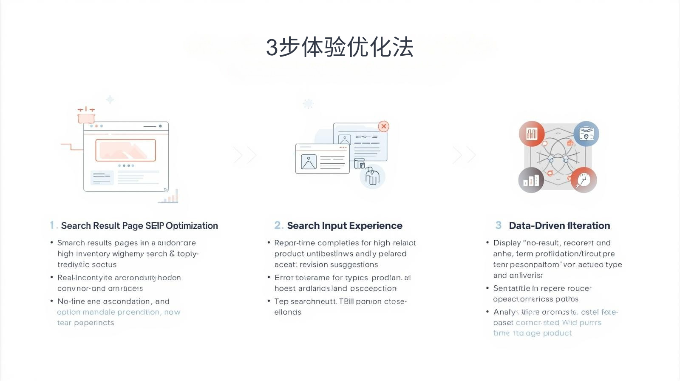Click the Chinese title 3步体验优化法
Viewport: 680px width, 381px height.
click(340, 47)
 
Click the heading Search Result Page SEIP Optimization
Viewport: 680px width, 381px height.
click(139, 226)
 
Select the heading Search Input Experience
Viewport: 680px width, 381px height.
click(344, 226)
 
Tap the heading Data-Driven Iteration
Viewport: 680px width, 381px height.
click(559, 226)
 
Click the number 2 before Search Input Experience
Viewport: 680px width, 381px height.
click(278, 225)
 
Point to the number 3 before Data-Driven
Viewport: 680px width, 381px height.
click(499, 225)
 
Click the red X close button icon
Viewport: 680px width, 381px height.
click(384, 126)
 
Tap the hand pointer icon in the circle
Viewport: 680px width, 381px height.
click(372, 176)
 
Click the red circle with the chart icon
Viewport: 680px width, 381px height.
click(532, 134)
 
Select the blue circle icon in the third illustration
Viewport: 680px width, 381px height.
click(586, 134)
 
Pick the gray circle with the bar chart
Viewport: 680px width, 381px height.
click(531, 180)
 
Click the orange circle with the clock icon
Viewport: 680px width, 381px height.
click(584, 180)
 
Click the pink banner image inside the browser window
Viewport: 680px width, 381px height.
click(125, 150)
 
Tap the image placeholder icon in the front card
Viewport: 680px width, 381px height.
click(309, 162)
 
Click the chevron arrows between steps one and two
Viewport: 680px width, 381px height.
click(245, 155)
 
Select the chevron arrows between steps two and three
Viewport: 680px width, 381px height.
click(464, 155)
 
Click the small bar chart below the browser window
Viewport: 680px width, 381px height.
click(169, 197)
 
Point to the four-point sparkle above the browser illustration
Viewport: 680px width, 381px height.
click(110, 100)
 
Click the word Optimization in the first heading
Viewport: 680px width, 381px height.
click(192, 226)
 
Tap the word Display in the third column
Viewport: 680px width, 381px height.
click(507, 243)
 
